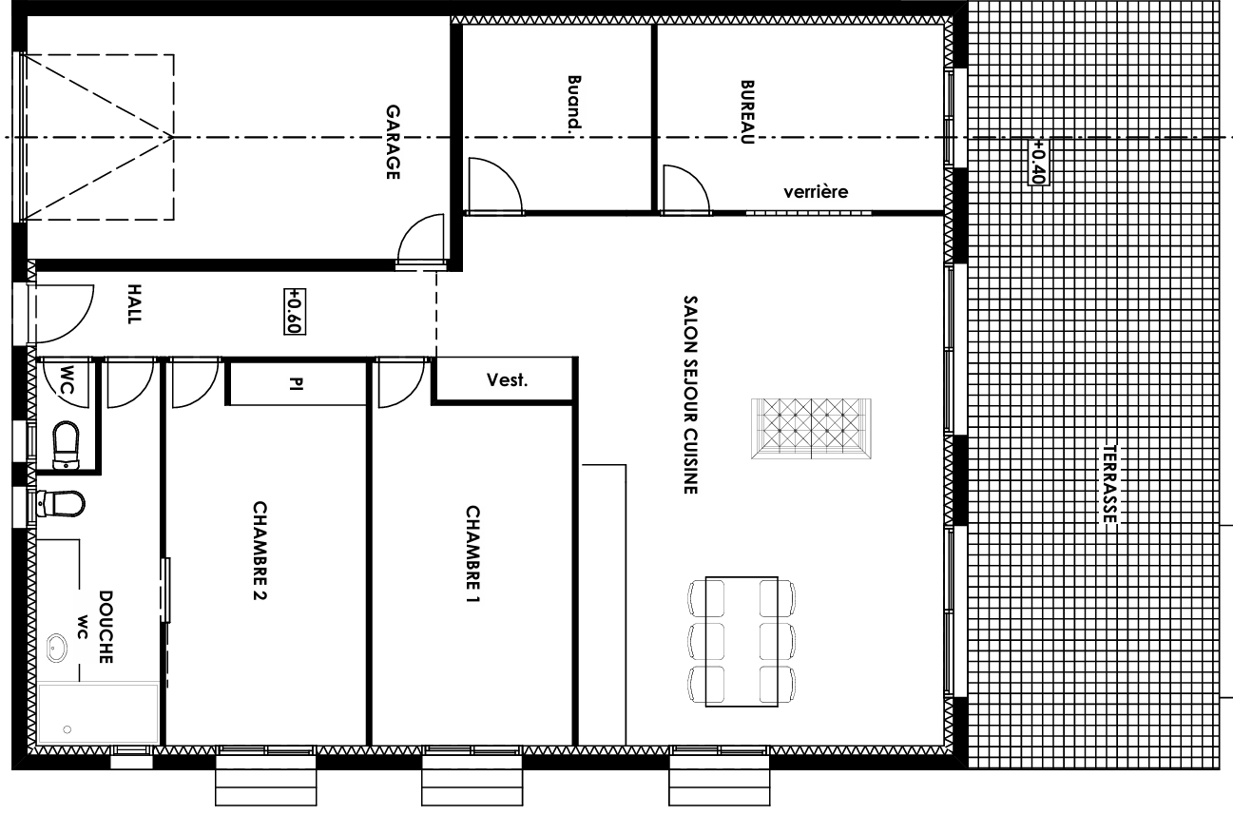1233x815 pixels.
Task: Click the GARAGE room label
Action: point(393,142)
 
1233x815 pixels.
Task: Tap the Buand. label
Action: point(573,103)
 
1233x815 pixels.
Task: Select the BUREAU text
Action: point(747,112)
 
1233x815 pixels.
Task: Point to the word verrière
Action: point(816,192)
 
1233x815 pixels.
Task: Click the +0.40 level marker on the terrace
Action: point(1038,162)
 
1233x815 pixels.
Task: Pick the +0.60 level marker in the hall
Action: point(295,312)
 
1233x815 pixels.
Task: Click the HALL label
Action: point(134,304)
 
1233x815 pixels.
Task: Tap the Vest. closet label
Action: point(507,380)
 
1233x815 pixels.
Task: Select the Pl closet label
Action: point(297,384)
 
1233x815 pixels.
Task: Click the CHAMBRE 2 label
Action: point(260,550)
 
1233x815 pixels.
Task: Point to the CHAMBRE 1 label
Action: point(472,554)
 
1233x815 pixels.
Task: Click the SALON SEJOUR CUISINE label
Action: point(690,395)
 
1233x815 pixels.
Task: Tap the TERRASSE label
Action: point(1109,484)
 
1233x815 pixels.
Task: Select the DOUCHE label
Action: point(106,627)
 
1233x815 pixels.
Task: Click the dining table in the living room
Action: point(742,642)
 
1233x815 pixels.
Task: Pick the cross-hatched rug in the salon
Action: point(811,429)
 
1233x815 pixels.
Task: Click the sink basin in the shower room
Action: point(56,648)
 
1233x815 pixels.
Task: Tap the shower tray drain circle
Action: point(67,729)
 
